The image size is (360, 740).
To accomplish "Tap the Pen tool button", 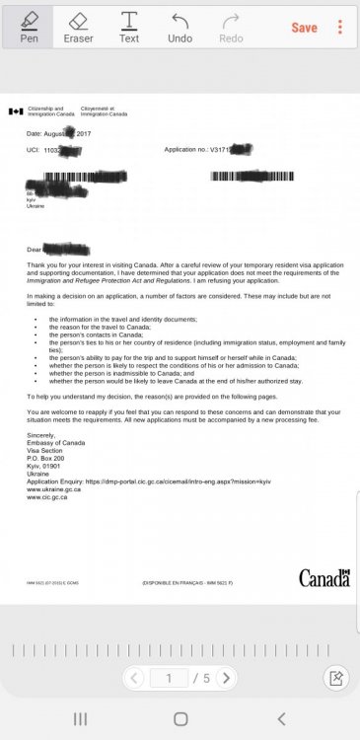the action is (x=29, y=27).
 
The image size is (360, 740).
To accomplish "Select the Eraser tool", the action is (x=79, y=27).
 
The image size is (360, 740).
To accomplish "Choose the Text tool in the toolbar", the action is (x=129, y=27).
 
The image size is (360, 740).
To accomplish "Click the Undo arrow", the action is (x=180, y=27).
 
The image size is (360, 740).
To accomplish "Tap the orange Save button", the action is (x=304, y=28).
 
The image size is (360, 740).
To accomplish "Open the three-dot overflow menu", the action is (x=340, y=27).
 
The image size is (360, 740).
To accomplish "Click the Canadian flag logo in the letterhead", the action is (x=16, y=111).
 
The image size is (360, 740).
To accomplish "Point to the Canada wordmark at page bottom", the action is (x=324, y=577).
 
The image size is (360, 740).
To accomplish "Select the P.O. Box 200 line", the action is (x=45, y=458).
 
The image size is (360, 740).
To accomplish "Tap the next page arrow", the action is (x=226, y=678).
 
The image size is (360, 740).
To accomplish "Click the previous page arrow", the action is (x=135, y=678).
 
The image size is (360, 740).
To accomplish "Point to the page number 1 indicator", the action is (x=170, y=678).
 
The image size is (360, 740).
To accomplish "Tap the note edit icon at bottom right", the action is (x=336, y=678).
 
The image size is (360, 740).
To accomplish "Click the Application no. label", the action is (x=185, y=149).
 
